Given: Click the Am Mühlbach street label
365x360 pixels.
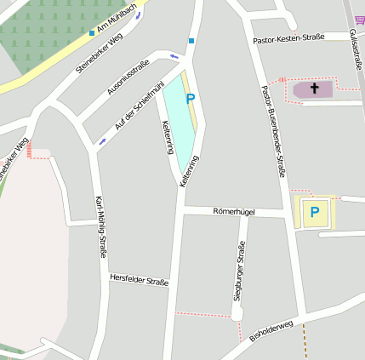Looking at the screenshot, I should coord(117,20).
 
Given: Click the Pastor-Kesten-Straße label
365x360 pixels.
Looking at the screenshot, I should coord(288,38).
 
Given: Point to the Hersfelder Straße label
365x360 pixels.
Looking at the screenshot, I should coord(140,280).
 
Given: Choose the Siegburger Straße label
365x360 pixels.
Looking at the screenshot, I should coord(242,271).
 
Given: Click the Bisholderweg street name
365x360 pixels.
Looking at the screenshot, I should coord(271,330).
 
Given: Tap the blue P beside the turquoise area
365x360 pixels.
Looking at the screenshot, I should coord(190,99).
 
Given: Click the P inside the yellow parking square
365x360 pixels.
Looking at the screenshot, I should coord(314,211).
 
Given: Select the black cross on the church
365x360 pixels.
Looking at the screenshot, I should coord(314,88).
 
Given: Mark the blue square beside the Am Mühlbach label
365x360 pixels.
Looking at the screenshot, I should coord(92,33).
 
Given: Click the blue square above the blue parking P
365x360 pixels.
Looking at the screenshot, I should coord(191,41).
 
